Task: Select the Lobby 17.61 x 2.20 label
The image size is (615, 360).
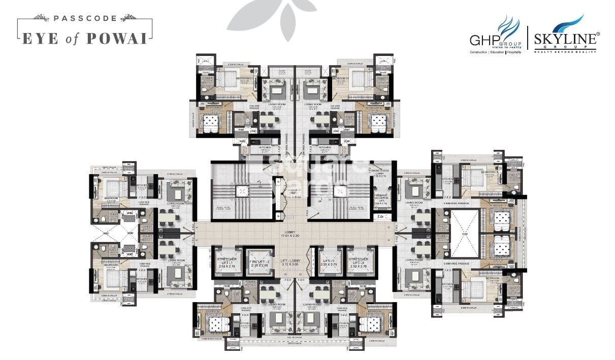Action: click(296, 234)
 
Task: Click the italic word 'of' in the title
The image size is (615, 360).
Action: click(75, 39)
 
